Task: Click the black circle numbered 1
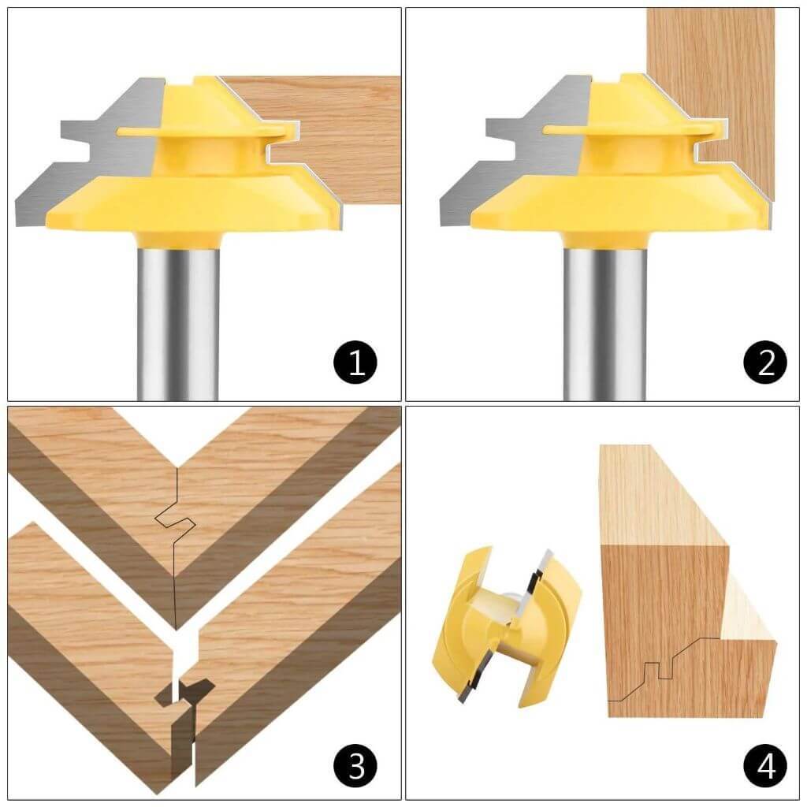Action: pos(355,363)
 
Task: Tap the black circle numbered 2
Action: pos(764,363)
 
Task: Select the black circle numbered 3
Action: pos(355,764)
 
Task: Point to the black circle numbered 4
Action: pos(764,764)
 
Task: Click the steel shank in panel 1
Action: pos(177,315)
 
